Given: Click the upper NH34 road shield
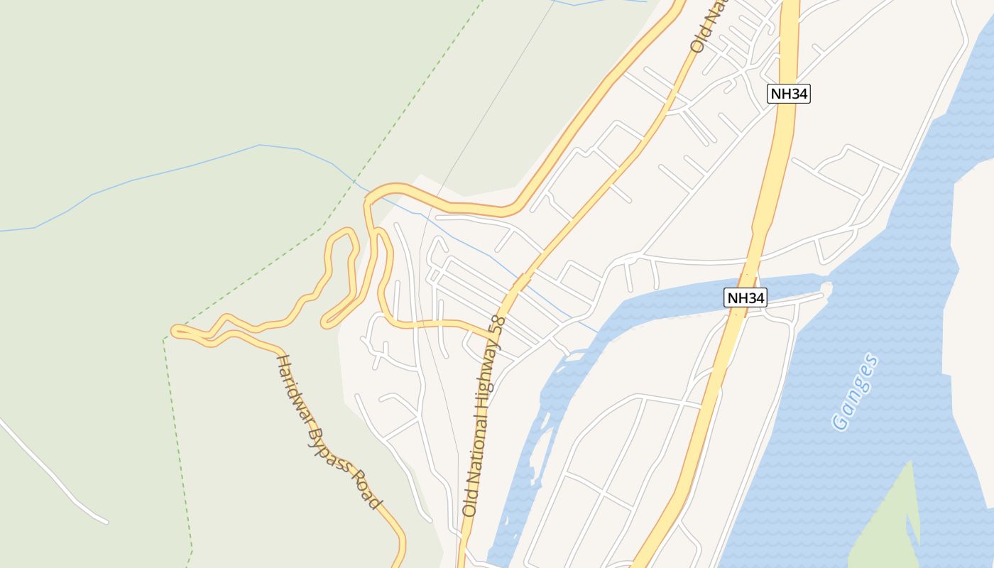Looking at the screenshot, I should point(789,94).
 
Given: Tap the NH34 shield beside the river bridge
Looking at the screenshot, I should point(745,297).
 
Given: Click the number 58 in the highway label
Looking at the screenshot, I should point(499,328).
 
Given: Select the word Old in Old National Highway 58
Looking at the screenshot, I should point(469,503).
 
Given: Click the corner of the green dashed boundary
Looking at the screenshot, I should point(164,339).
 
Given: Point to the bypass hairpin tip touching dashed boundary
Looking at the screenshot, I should point(176,331).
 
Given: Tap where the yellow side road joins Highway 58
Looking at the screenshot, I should point(495,334).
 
